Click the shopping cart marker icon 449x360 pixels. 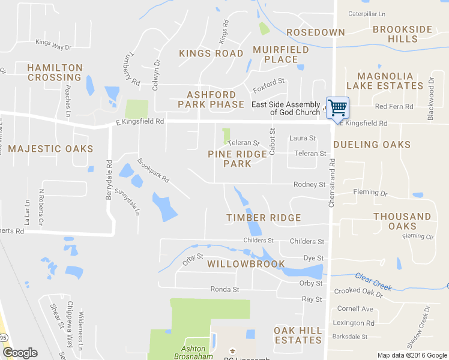[337, 107]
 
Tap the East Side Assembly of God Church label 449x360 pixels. [286, 108]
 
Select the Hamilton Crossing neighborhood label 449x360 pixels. [54, 73]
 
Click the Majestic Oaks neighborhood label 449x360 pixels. [51, 149]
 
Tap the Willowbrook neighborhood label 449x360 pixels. [246, 264]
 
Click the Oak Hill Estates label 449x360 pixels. [298, 335]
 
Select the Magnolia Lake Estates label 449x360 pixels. [390, 81]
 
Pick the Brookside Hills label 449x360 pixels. [403, 34]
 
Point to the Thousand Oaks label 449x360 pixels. [402, 221]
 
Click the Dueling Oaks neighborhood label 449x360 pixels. [372, 145]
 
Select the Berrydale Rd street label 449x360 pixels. [109, 179]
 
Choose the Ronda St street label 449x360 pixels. [224, 289]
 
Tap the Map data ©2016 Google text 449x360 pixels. [411, 355]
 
